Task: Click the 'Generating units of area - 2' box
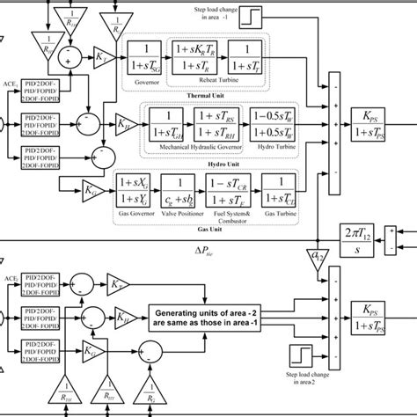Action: [221, 318]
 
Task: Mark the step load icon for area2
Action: [302, 357]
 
